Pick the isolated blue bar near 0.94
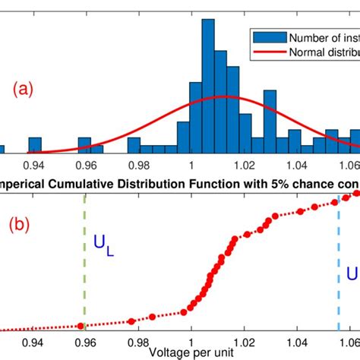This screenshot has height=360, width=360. click(35, 146)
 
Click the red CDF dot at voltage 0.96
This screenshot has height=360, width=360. click(81, 326)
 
